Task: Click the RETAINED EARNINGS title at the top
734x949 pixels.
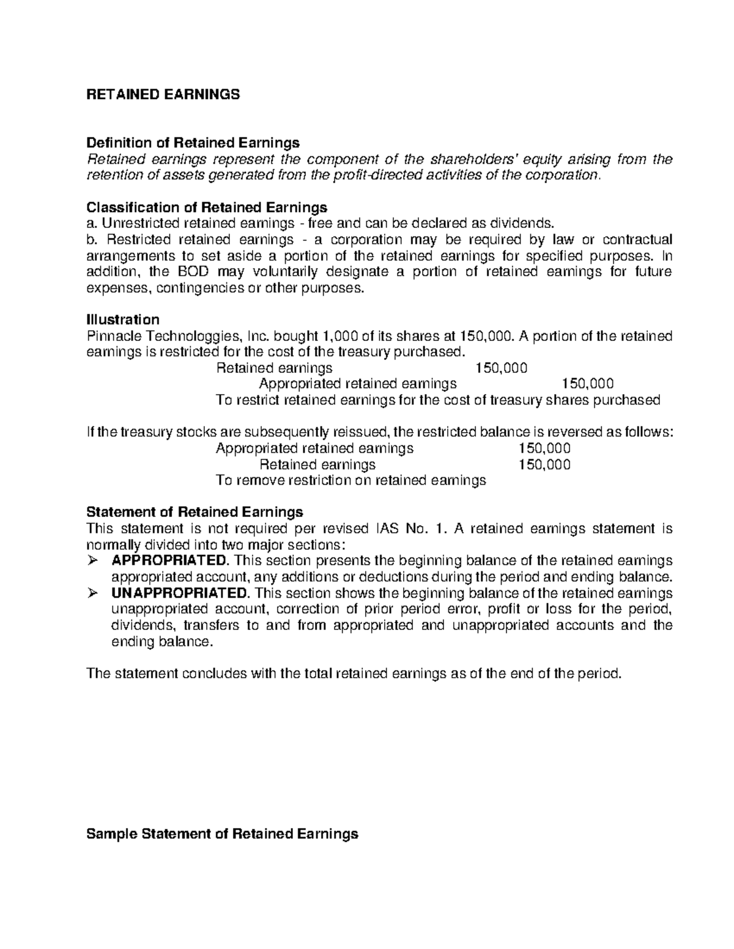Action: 163,95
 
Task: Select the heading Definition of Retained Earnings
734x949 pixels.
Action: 193,143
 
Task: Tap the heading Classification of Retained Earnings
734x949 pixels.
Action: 207,207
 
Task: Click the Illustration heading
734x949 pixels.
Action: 123,320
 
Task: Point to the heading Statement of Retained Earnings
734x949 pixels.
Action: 195,511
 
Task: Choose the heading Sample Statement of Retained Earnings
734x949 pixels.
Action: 223,834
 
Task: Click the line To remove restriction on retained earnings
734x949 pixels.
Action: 351,480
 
